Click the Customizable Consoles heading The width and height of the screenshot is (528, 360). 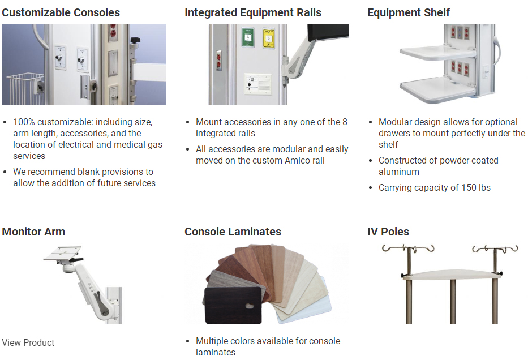(61, 13)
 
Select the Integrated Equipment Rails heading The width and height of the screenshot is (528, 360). (253, 13)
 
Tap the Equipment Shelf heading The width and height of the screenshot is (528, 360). (409, 13)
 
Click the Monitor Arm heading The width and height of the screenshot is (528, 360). (33, 232)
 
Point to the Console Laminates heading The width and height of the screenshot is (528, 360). (233, 232)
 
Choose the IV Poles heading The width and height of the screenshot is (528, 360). (388, 232)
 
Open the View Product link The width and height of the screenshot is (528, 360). (28, 343)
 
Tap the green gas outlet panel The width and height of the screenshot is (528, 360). (248, 38)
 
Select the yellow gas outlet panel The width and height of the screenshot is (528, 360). (268, 38)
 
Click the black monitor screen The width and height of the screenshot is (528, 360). (328, 32)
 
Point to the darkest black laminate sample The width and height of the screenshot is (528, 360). (233, 305)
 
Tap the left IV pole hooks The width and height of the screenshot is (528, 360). (408, 249)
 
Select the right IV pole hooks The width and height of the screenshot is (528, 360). (495, 249)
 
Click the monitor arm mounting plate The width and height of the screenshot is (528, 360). (62, 253)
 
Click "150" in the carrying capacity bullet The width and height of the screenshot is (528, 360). (469, 187)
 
